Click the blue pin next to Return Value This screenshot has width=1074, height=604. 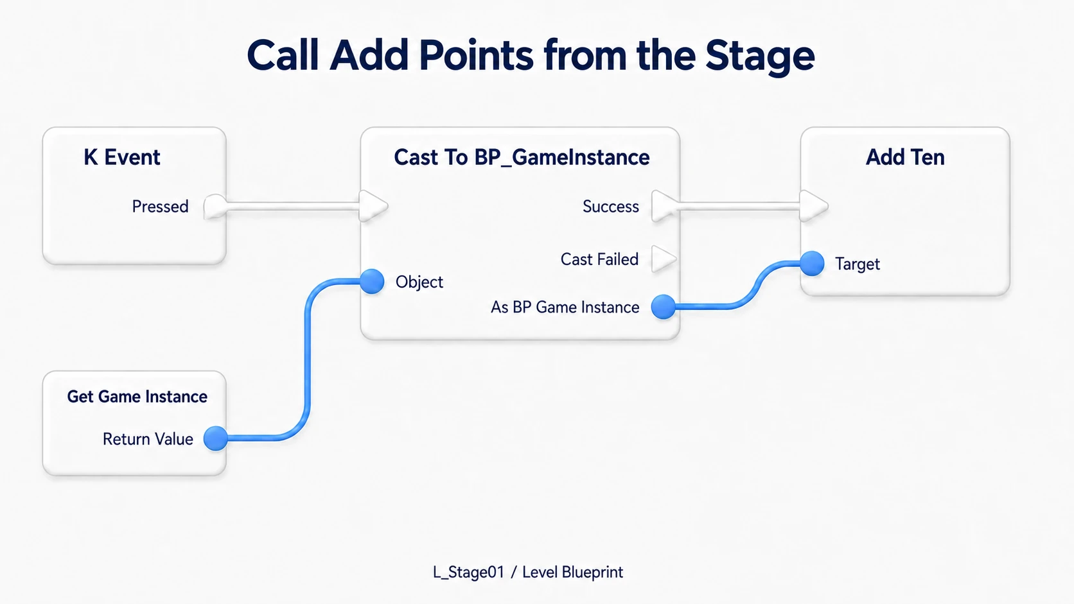216,438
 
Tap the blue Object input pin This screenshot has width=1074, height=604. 372,281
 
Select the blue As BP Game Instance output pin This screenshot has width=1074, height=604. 664,307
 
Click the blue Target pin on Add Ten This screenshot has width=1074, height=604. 812,263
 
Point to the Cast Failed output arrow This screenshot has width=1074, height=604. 664,259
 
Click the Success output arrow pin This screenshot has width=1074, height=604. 665,206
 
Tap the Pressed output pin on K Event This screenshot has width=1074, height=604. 215,207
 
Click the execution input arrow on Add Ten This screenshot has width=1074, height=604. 814,206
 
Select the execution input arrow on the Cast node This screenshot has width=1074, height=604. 373,206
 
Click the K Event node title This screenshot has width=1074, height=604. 122,157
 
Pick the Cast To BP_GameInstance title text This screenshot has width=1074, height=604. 522,158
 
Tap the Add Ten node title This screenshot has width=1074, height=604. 905,157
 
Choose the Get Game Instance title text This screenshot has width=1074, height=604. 137,396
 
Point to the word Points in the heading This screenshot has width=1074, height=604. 476,55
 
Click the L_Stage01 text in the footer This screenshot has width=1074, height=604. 468,572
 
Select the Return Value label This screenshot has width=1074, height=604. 148,439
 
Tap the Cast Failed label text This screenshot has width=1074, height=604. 599,259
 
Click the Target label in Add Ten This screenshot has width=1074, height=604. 858,264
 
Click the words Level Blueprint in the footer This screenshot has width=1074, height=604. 572,573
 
